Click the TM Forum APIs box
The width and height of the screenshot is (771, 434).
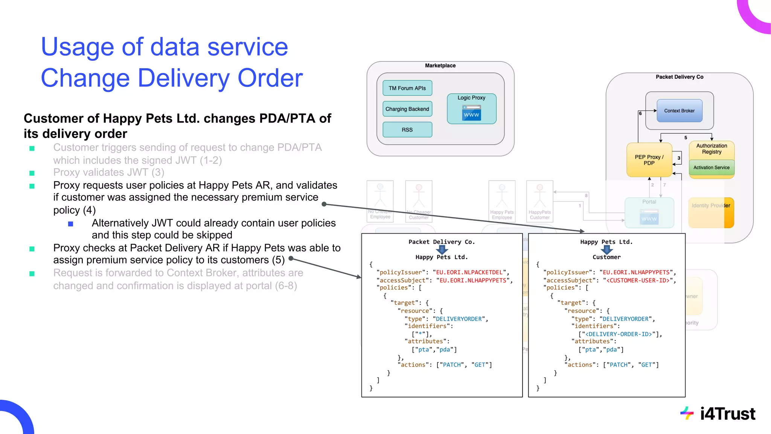[x=407, y=88]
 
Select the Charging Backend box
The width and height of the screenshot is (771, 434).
[x=407, y=109]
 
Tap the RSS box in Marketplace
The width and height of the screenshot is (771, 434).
[x=407, y=130]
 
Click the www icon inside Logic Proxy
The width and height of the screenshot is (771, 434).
[x=471, y=113]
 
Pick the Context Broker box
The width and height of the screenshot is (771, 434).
[x=679, y=111]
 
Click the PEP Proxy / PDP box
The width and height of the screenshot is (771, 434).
[x=649, y=160]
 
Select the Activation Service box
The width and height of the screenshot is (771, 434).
[x=711, y=168]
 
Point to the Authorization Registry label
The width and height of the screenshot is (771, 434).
[x=711, y=149]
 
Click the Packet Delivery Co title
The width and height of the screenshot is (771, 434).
[x=679, y=77]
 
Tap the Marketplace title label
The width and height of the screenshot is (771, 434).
[x=440, y=66]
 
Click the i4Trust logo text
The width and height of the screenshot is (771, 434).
[x=727, y=414]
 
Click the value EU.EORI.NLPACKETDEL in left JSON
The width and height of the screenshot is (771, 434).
[x=469, y=272]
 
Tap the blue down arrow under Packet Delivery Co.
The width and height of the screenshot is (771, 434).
[x=442, y=249]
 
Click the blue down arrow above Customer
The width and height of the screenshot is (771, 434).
[x=606, y=249]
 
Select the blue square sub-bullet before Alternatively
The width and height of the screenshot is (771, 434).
[x=70, y=224]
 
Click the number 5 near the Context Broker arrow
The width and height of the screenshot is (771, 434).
[x=686, y=138]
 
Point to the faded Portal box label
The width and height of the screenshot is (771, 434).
[x=649, y=202]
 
